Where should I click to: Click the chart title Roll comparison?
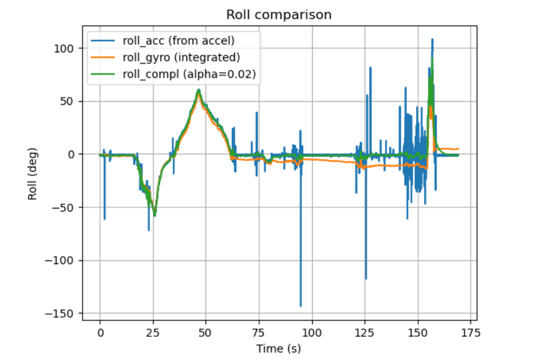pyautogui.click(x=279, y=15)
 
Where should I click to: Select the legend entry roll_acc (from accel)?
pyautogui.click(x=179, y=40)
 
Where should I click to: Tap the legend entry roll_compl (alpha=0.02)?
pyautogui.click(x=189, y=75)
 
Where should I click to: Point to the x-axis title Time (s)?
pyautogui.click(x=279, y=348)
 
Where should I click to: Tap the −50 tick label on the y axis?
pyautogui.click(x=66, y=207)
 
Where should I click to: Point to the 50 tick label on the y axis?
pyautogui.click(x=69, y=101)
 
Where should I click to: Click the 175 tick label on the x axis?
pyautogui.click(x=471, y=333)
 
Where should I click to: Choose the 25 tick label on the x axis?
pyautogui.click(x=153, y=333)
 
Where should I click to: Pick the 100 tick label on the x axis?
pyautogui.click(x=312, y=333)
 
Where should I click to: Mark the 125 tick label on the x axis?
pyautogui.click(x=365, y=333)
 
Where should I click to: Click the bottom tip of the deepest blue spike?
pyautogui.click(x=300, y=306)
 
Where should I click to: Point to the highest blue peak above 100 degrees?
pyautogui.click(x=432, y=39)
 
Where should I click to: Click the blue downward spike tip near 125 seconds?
pyautogui.click(x=366, y=279)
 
